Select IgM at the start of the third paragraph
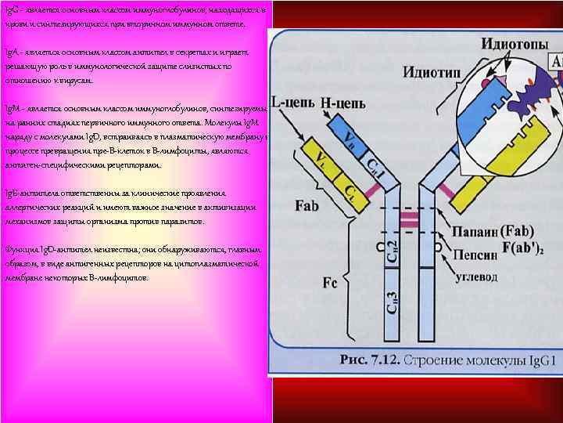pyautogui.click(x=12, y=108)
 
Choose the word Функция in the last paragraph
pyautogui.click(x=22, y=249)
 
